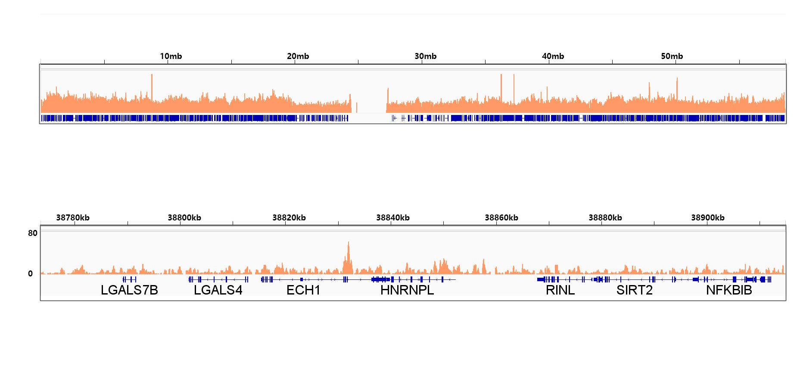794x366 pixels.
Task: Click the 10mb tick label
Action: pos(171,56)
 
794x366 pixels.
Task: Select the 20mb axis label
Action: pos(298,56)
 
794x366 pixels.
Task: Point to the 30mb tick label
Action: pos(425,56)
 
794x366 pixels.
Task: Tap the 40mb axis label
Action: pos(553,56)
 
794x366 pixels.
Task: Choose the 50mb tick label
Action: pos(672,56)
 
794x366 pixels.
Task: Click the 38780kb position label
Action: pos(73,218)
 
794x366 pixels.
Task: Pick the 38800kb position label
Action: pos(184,218)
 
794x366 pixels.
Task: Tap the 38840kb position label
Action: pos(393,218)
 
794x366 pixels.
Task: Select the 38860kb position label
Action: pos(501,218)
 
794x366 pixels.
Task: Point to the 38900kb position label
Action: pos(708,218)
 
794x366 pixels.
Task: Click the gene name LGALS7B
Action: pos(129,290)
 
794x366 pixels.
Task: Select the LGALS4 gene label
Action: pos(218,290)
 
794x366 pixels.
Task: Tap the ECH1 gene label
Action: pos(303,290)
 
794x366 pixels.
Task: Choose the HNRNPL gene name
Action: pos(407,290)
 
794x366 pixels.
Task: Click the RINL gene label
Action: pos(560,290)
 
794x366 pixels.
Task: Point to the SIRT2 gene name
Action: pos(634,290)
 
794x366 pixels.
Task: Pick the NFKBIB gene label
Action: pos(729,290)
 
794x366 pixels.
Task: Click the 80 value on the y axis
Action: pos(33,233)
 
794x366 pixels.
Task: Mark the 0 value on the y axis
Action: pos(30,273)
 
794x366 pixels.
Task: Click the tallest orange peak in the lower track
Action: pos(349,244)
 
